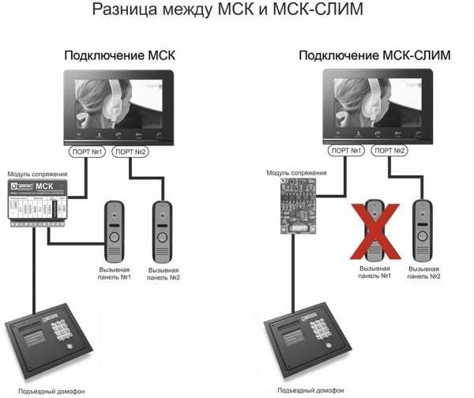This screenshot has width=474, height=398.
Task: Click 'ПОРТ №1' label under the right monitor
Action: pyautogui.click(x=345, y=151)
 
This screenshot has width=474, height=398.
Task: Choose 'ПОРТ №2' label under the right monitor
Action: pyautogui.click(x=389, y=151)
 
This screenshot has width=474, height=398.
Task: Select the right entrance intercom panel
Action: pyautogui.click(x=304, y=344)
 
